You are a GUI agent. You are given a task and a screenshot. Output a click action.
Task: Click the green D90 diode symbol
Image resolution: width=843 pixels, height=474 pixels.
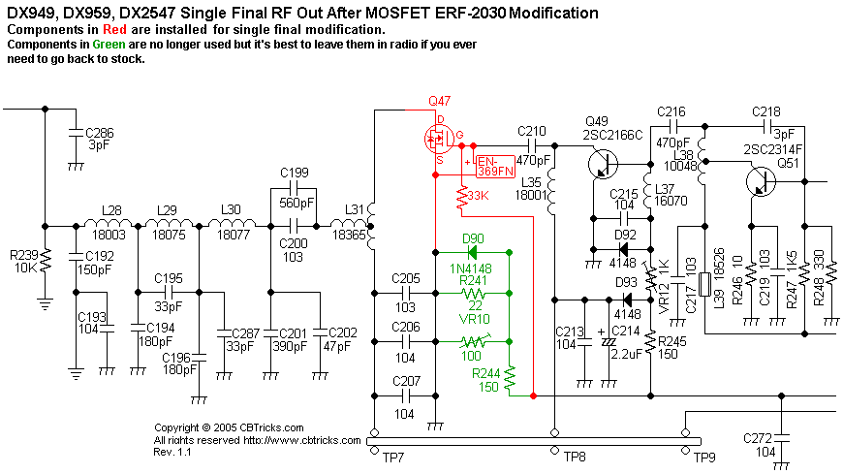(473, 252)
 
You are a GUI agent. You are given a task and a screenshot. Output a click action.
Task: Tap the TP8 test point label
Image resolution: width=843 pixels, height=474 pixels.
(575, 456)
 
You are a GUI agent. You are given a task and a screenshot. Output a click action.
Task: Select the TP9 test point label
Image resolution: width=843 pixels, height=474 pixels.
(703, 456)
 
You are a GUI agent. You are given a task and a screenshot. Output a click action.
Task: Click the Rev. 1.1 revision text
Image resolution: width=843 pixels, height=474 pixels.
(172, 452)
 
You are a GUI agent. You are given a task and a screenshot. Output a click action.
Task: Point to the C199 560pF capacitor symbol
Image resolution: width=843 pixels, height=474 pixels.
(294, 187)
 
